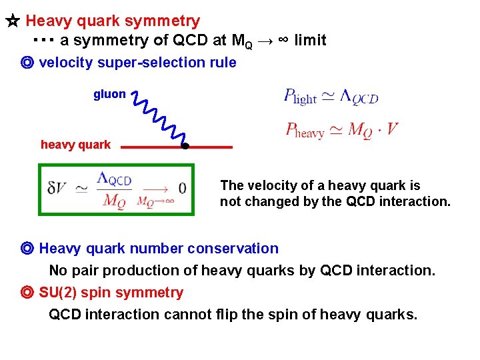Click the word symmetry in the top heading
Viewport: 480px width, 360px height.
click(167, 22)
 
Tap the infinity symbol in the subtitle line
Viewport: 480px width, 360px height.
click(282, 40)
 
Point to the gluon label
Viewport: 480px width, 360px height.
click(109, 94)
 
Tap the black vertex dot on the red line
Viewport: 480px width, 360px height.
click(186, 146)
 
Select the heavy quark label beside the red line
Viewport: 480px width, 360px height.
click(75, 145)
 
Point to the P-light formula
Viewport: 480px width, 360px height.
click(331, 97)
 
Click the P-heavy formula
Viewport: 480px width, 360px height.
click(341, 129)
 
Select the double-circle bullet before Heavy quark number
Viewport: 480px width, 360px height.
click(27, 249)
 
